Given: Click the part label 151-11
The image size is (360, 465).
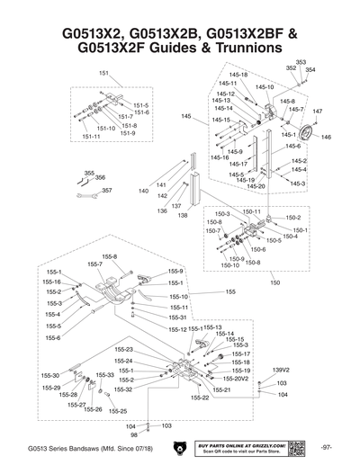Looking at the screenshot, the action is point(91,137).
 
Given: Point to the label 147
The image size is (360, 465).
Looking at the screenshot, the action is point(318,111).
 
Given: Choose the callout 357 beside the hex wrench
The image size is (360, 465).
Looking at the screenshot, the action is point(106,191).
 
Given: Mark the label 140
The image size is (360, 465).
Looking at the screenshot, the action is point(143,192).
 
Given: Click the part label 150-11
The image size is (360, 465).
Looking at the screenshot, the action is point(252,211).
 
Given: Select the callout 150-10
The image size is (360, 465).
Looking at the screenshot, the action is point(230,265).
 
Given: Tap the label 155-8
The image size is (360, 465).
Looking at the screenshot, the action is point(110,256).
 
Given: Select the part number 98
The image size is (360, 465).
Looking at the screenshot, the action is point(133,434).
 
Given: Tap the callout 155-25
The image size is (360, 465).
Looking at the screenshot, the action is point(118,410).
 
